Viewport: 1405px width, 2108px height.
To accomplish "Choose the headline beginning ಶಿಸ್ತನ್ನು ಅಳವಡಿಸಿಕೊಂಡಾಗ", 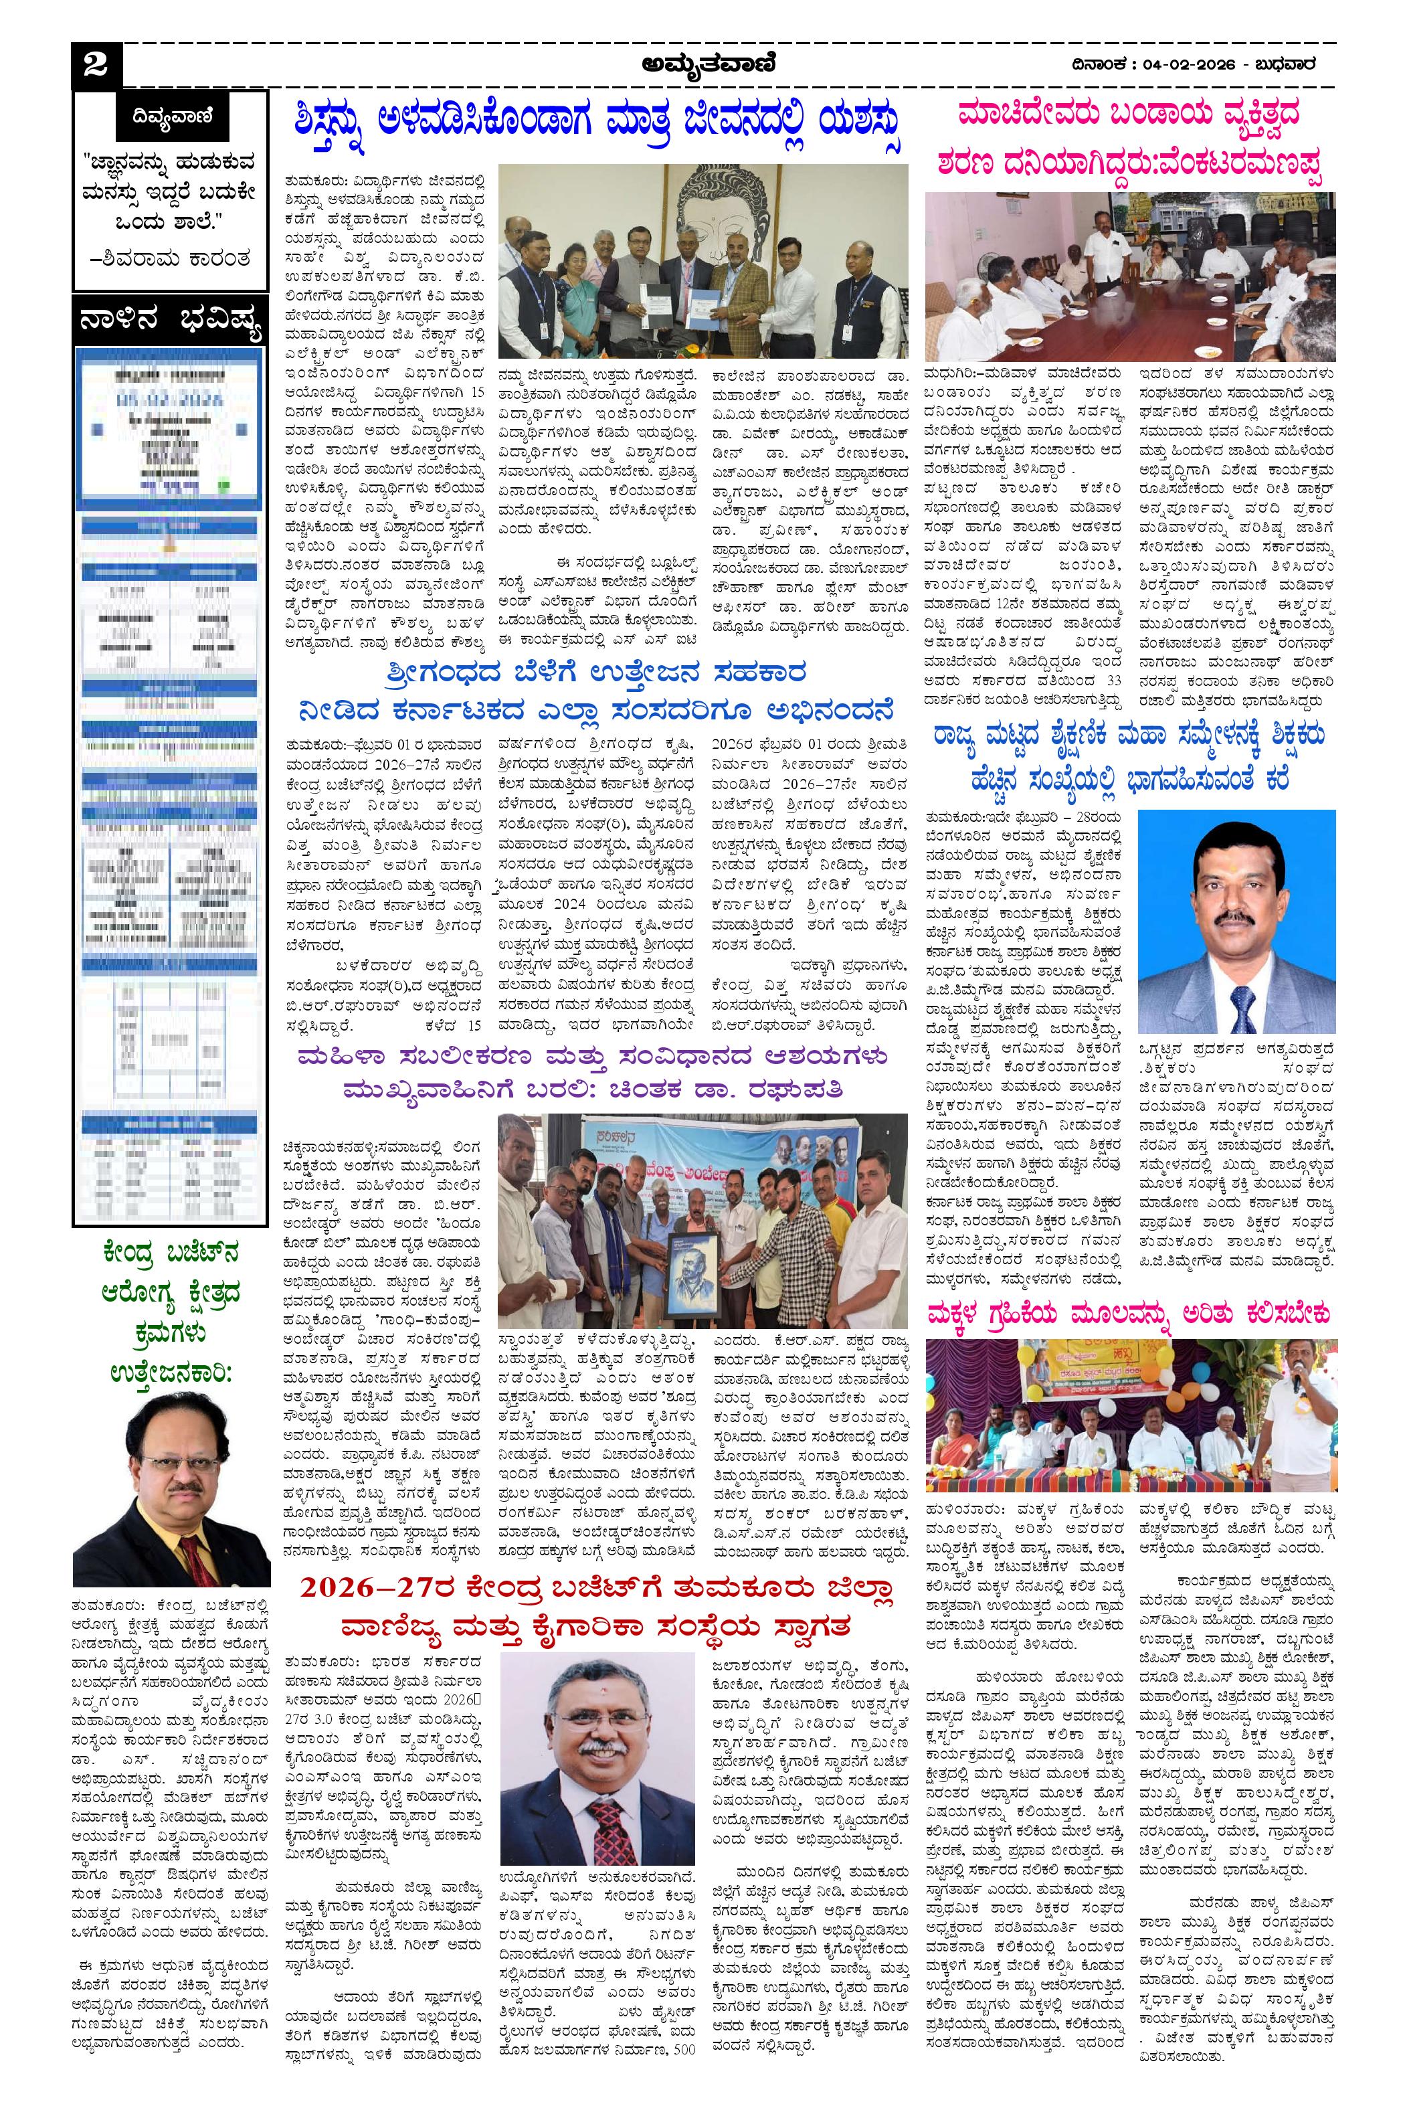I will [599, 121].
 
